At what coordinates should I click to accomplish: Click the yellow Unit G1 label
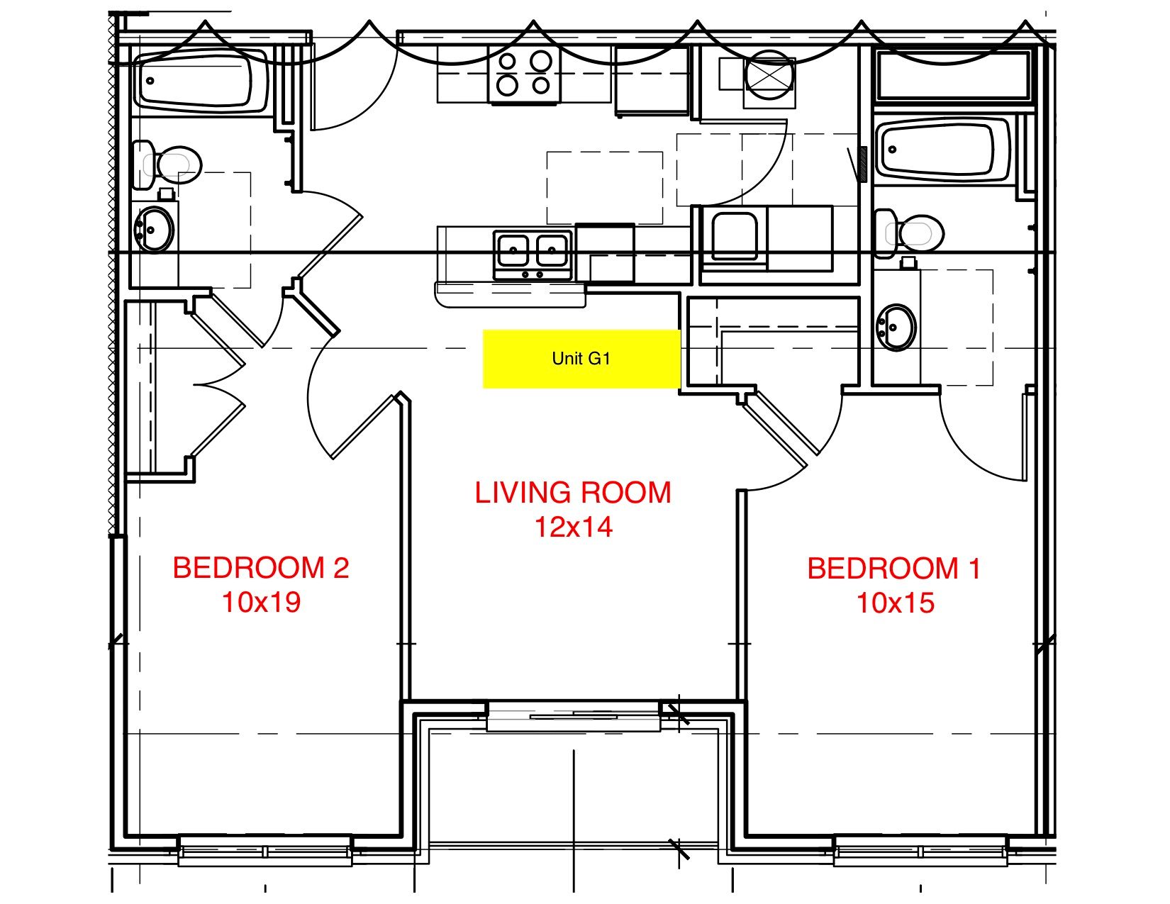[x=581, y=359]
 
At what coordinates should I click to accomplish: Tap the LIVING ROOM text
[x=572, y=493]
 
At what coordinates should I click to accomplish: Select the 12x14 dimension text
[x=573, y=528]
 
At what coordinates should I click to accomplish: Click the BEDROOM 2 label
[x=261, y=568]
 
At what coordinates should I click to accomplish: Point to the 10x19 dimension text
[x=261, y=603]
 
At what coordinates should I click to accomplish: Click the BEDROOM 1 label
[x=893, y=569]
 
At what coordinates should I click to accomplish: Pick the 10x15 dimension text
[x=895, y=603]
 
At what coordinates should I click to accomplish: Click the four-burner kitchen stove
[x=524, y=74]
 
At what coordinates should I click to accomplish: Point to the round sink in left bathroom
[x=154, y=229]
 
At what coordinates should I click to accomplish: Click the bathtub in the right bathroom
[x=941, y=149]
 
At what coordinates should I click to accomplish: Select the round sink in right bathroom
[x=896, y=327]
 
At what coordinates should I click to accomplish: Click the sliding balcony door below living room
[x=573, y=716]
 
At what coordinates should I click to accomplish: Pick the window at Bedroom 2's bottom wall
[x=264, y=850]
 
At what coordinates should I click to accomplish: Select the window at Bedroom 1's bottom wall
[x=920, y=850]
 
